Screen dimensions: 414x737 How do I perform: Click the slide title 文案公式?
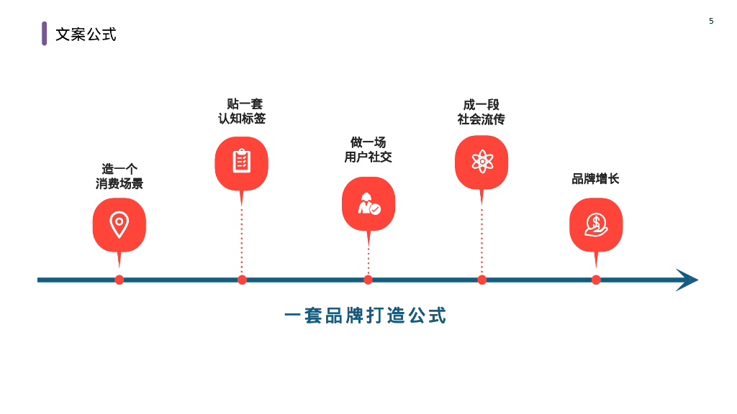tap(86, 34)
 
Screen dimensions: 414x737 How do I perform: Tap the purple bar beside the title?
tap(44, 33)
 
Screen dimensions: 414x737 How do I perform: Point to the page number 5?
tap(711, 21)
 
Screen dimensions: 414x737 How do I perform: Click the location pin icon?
tap(119, 224)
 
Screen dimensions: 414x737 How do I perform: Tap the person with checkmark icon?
tap(368, 203)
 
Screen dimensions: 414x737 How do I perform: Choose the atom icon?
tap(481, 161)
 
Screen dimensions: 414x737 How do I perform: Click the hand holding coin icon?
tap(596, 224)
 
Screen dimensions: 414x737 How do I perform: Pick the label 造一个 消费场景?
tap(119, 176)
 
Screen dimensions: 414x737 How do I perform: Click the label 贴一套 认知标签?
tap(243, 111)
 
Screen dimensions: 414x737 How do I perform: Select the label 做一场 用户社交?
tap(368, 149)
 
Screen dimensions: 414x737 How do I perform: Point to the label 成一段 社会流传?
tap(481, 111)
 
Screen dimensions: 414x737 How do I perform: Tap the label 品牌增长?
tap(595, 178)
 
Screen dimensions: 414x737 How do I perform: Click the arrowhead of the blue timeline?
tap(687, 280)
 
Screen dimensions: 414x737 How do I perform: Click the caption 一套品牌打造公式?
tap(366, 315)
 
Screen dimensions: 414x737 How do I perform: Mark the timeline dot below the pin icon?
tap(119, 280)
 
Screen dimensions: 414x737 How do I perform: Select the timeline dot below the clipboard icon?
tap(242, 280)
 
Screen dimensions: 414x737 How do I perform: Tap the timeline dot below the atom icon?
tap(481, 280)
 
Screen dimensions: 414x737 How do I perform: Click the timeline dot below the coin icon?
tap(596, 280)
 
